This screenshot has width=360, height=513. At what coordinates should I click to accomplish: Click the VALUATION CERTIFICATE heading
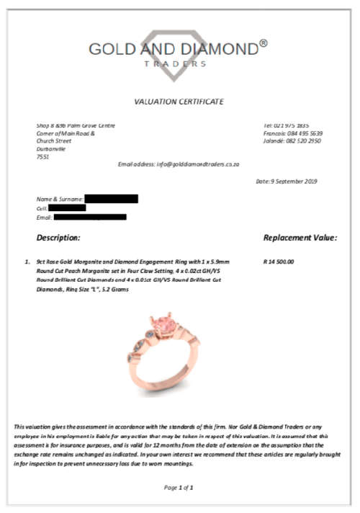(x=179, y=102)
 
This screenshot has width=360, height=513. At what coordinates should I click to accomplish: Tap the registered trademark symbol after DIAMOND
(x=264, y=43)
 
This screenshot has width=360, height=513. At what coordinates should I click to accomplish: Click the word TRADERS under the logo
(x=179, y=63)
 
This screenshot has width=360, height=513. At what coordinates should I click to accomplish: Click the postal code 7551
(x=42, y=157)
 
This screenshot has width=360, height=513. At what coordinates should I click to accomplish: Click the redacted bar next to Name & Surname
(x=111, y=198)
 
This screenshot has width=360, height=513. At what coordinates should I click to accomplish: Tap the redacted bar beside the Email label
(x=89, y=217)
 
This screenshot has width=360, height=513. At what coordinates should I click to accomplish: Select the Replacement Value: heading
(x=300, y=237)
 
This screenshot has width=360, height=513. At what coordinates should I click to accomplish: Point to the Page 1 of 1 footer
(x=179, y=488)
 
